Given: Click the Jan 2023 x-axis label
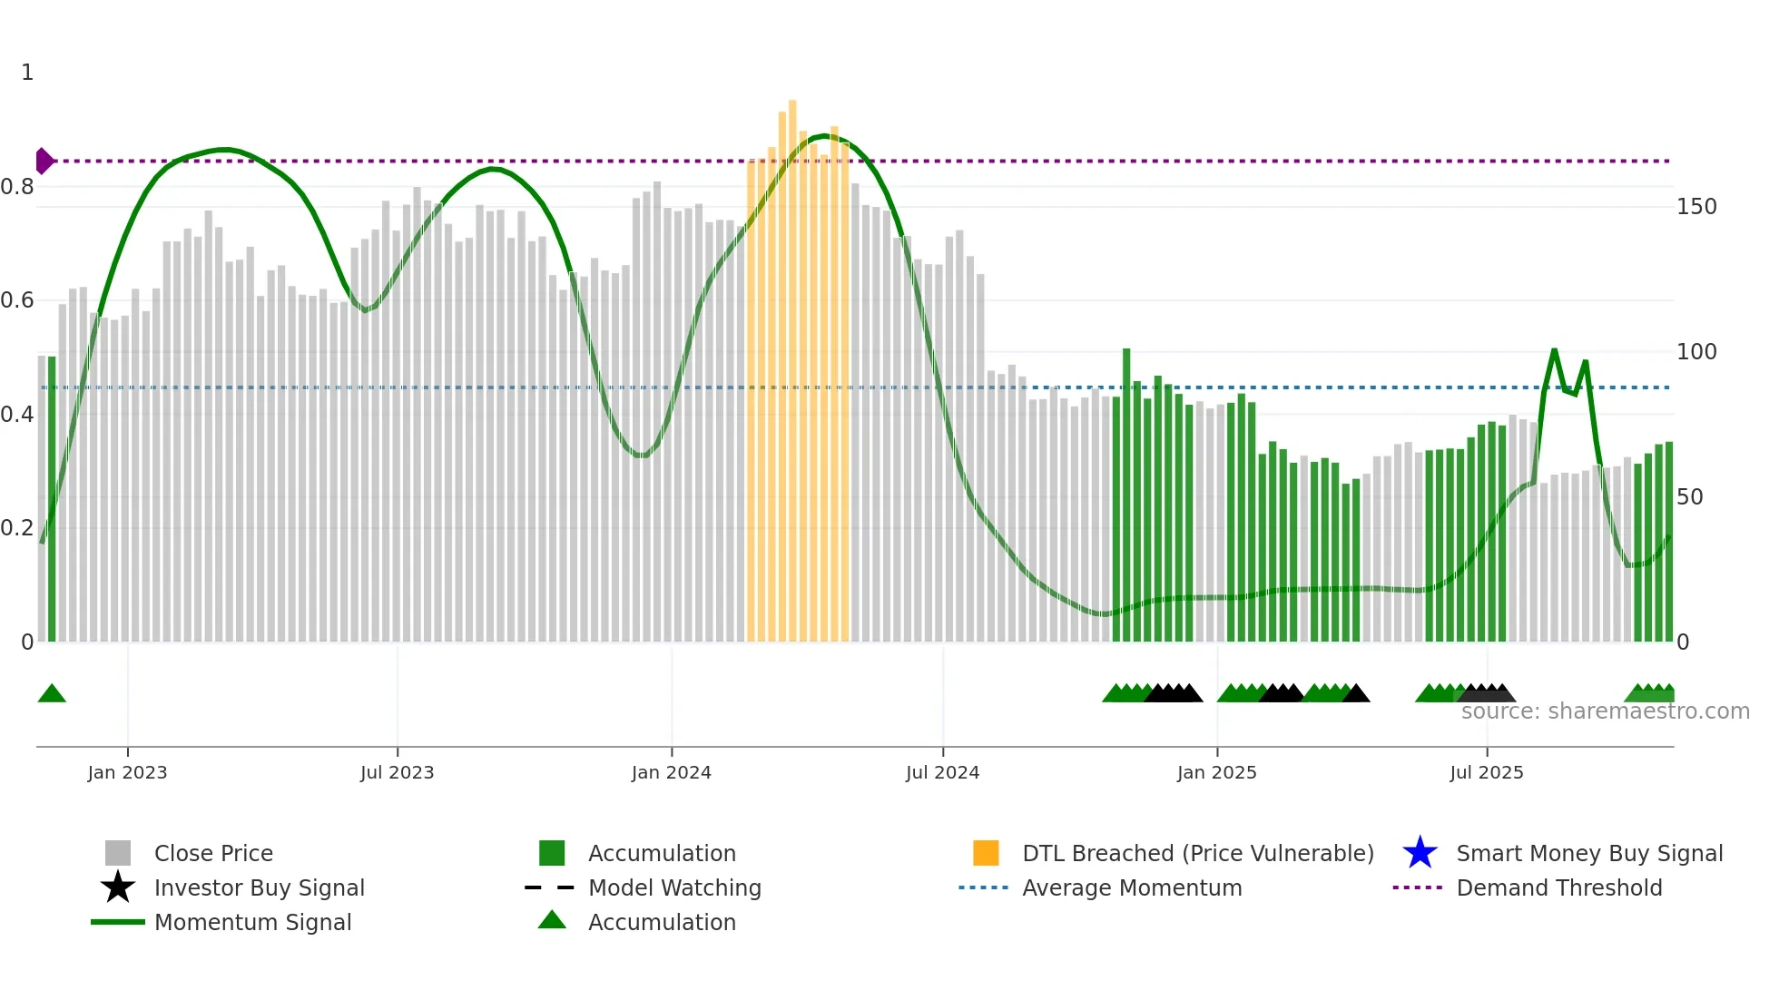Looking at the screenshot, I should click(x=127, y=772).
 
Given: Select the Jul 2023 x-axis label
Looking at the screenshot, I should click(x=397, y=772).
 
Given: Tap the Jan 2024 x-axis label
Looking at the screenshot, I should click(x=671, y=772).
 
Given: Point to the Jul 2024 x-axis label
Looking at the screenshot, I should click(x=942, y=772).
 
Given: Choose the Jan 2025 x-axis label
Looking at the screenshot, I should click(x=1216, y=772).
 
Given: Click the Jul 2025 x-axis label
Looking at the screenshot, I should click(x=1486, y=772).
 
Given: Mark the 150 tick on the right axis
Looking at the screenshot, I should click(x=1696, y=207).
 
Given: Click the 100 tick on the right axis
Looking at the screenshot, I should click(x=1696, y=352).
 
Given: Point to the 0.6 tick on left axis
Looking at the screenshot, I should click(x=17, y=300).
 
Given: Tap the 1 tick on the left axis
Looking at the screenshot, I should click(x=27, y=73).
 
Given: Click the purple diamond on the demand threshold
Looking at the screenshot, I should click(x=44, y=161).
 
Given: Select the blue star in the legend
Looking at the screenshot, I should click(x=1420, y=853).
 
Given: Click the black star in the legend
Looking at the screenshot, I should click(x=118, y=887).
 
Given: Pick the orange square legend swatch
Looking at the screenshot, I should click(x=986, y=853).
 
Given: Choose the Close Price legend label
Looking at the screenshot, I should click(x=213, y=853).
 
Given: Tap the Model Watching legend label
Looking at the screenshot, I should click(x=674, y=887).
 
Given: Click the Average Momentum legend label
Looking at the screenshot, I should click(x=1132, y=887).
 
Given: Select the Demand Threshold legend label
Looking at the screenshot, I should click(x=1558, y=887).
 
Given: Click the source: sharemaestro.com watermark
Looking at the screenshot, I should click(x=1605, y=711).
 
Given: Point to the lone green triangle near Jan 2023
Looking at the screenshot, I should click(x=52, y=694).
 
